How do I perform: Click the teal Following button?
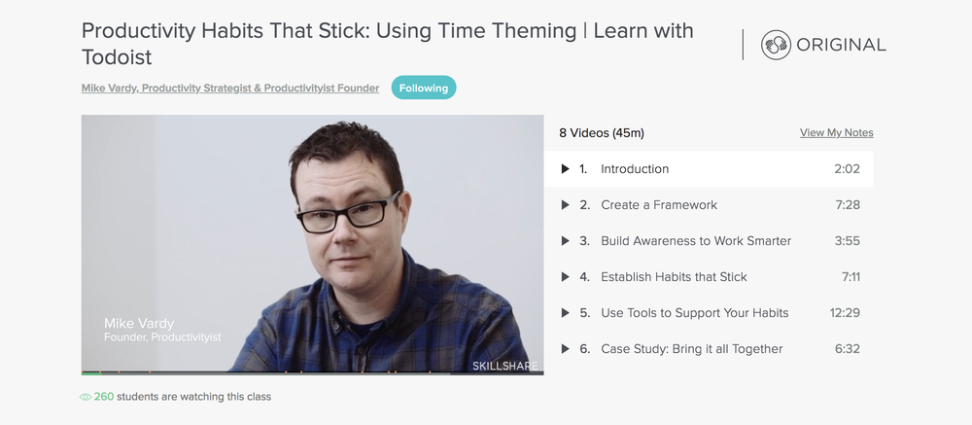pos(424,88)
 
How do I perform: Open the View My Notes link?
pos(836,133)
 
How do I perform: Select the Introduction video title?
pos(635,169)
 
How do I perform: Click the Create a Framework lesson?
pos(659,205)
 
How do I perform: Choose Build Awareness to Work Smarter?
pos(696,241)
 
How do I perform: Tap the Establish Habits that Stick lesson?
pos(674,277)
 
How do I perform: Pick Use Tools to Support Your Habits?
pos(695,313)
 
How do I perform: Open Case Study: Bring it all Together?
pos(692,349)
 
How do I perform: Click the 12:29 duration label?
pos(845,313)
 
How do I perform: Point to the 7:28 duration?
pos(848,205)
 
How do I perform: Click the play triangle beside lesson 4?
pos(565,277)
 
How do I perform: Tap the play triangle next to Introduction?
pos(565,169)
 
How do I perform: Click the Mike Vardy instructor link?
pos(230,89)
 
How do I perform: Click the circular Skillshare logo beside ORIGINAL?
pos(776,45)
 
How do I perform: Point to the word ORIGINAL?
pos(841,45)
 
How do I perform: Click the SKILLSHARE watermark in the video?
pos(505,366)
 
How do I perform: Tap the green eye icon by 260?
pos(86,397)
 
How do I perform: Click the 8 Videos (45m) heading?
pos(602,133)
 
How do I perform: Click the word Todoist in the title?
pos(117,57)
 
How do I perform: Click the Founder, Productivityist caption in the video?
pos(162,336)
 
